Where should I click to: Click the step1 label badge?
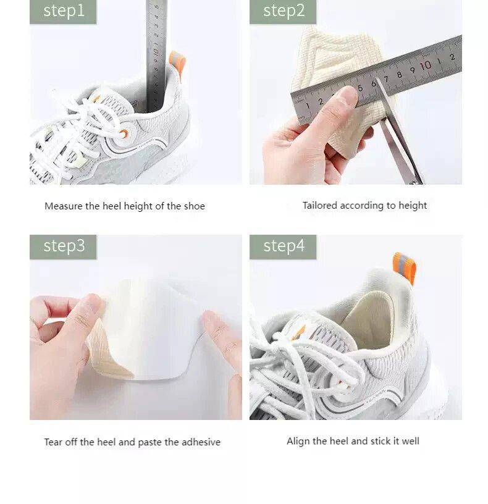click(63, 11)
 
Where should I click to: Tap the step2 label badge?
click(283, 11)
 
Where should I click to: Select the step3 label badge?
click(63, 246)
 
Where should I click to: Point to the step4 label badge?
click(283, 246)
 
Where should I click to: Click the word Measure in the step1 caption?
click(64, 206)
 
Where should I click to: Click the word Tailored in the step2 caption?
click(319, 206)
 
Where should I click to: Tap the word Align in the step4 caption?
click(298, 441)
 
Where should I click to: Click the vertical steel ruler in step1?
click(154, 56)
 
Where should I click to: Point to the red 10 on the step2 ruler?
click(425, 65)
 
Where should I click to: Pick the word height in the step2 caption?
click(412, 206)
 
